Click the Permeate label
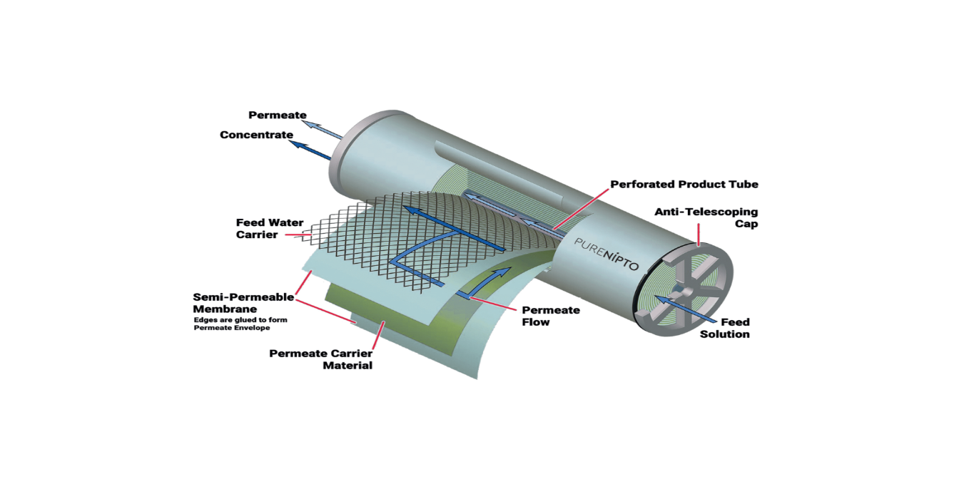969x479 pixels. pyautogui.click(x=278, y=115)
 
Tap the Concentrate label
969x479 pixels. pyautogui.click(x=256, y=135)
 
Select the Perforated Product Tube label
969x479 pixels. pyautogui.click(x=684, y=184)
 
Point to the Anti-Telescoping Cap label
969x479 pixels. pyautogui.click(x=706, y=217)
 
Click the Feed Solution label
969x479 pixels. pyautogui.click(x=724, y=328)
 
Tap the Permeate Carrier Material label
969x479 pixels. pyautogui.click(x=320, y=359)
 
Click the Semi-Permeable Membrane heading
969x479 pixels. pyautogui.click(x=243, y=303)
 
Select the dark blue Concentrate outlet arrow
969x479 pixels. pyautogui.click(x=311, y=149)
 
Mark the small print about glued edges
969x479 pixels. pyautogui.click(x=240, y=324)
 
